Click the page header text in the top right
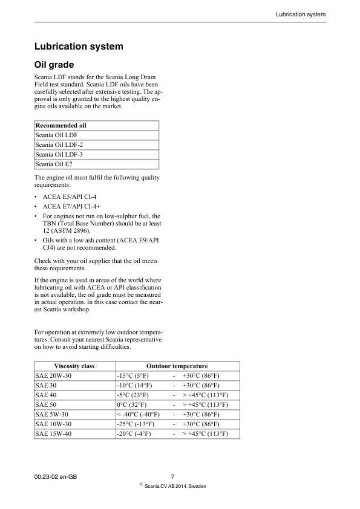(x=301, y=14)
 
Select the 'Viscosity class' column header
(x=74, y=366)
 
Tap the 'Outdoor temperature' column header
(x=177, y=366)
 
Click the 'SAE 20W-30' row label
(x=53, y=375)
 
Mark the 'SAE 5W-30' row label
(x=51, y=414)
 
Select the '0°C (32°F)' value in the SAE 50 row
(x=131, y=404)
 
